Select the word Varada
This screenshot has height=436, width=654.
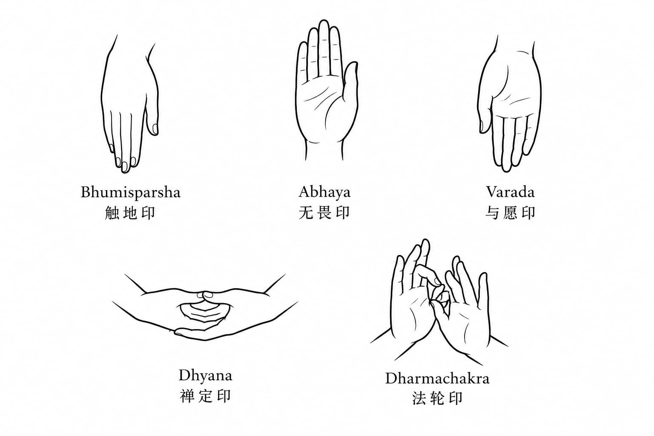511,192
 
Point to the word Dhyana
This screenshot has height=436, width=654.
205,376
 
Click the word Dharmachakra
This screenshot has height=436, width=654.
437,379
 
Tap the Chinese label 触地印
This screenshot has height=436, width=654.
130,213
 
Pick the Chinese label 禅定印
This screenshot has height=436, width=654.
205,396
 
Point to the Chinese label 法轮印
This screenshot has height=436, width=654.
437,399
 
